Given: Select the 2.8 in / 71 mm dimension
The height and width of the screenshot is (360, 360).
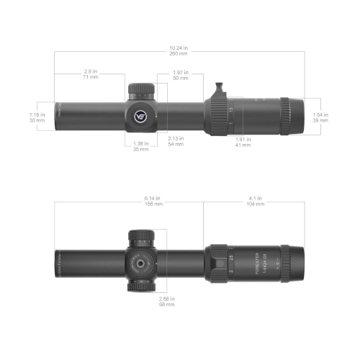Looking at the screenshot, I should coord(91,74).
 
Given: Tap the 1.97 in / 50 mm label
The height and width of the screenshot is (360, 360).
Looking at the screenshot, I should coord(181,75).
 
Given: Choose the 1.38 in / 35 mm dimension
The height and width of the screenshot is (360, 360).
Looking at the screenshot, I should coord(141,146).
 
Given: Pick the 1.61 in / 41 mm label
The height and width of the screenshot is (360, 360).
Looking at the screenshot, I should coord(243,142).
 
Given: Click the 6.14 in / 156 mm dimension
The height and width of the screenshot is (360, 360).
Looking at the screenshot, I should coord(153,201).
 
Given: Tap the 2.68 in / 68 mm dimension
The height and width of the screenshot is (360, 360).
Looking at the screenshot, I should coord(167,302).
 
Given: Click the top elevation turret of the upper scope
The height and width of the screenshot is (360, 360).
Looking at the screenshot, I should coord(141,91).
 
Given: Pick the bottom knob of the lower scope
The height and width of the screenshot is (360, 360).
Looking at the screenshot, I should coord(141,286).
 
